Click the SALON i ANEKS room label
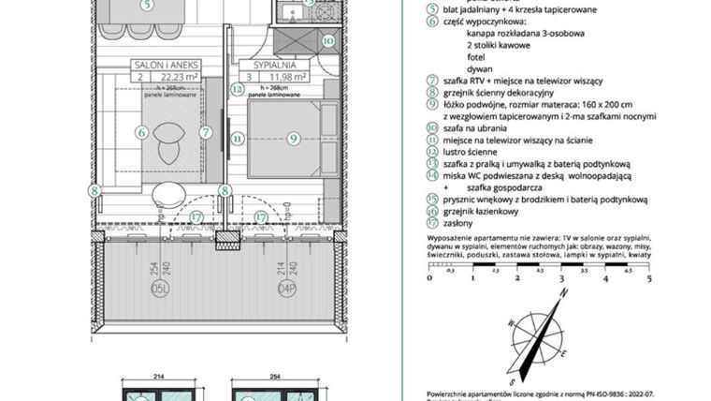coord(157,67)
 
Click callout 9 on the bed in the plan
coord(292,138)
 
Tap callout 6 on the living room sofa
coord(141,133)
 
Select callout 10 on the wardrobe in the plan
coord(326,40)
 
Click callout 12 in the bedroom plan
coord(238,90)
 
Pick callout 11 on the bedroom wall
coord(238,138)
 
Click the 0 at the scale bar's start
coord(428,278)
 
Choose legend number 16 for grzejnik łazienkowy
coord(431,212)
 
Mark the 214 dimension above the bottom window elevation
coord(158,377)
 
